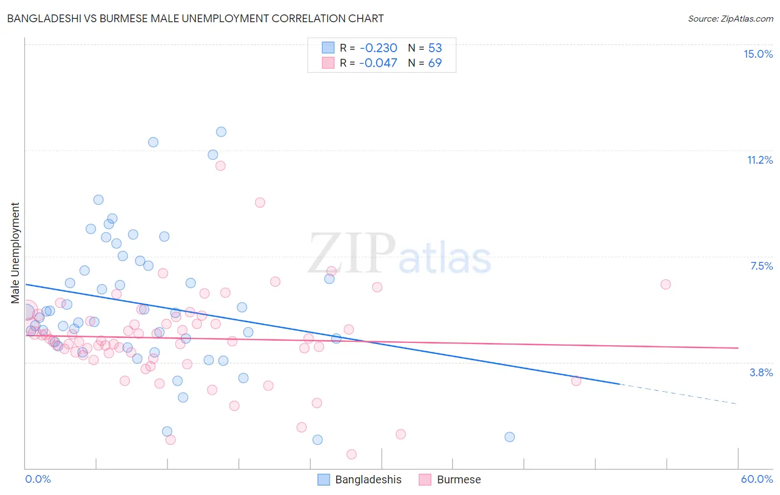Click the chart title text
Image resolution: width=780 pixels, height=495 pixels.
click(x=195, y=18)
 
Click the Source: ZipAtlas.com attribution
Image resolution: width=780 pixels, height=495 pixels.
click(x=730, y=18)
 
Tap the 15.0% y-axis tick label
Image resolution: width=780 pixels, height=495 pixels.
click(x=758, y=54)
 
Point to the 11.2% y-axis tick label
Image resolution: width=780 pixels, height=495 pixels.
click(x=759, y=160)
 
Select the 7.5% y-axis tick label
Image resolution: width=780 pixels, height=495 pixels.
click(x=761, y=266)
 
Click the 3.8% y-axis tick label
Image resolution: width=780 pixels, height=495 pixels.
click(x=761, y=372)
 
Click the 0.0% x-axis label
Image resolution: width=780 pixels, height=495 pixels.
click(x=38, y=479)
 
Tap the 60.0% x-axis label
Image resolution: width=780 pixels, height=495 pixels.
click(x=756, y=479)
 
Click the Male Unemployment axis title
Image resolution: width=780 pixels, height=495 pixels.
click(x=15, y=253)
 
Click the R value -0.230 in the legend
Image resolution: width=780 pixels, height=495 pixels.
click(x=378, y=48)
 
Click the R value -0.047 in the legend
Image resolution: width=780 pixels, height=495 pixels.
click(x=378, y=63)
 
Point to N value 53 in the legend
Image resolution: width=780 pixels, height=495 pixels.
click(x=435, y=48)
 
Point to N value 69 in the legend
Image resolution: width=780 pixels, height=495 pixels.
click(x=435, y=63)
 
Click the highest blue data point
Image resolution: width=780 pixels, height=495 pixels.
click(x=221, y=132)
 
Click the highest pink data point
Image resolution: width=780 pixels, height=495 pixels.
click(x=220, y=165)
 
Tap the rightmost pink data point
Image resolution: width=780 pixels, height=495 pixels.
click(x=666, y=284)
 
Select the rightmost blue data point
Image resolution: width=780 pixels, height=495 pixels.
click(x=509, y=437)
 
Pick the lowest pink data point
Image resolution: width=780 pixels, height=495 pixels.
click(x=351, y=454)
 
